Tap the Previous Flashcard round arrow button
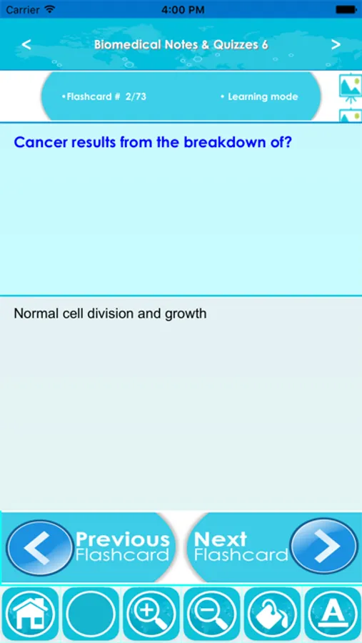point(40,547)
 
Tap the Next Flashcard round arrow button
point(324,546)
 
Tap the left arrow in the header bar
point(26,44)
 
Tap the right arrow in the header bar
point(336,44)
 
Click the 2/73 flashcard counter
point(136,96)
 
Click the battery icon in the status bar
point(346,9)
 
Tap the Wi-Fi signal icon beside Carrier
point(50,9)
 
